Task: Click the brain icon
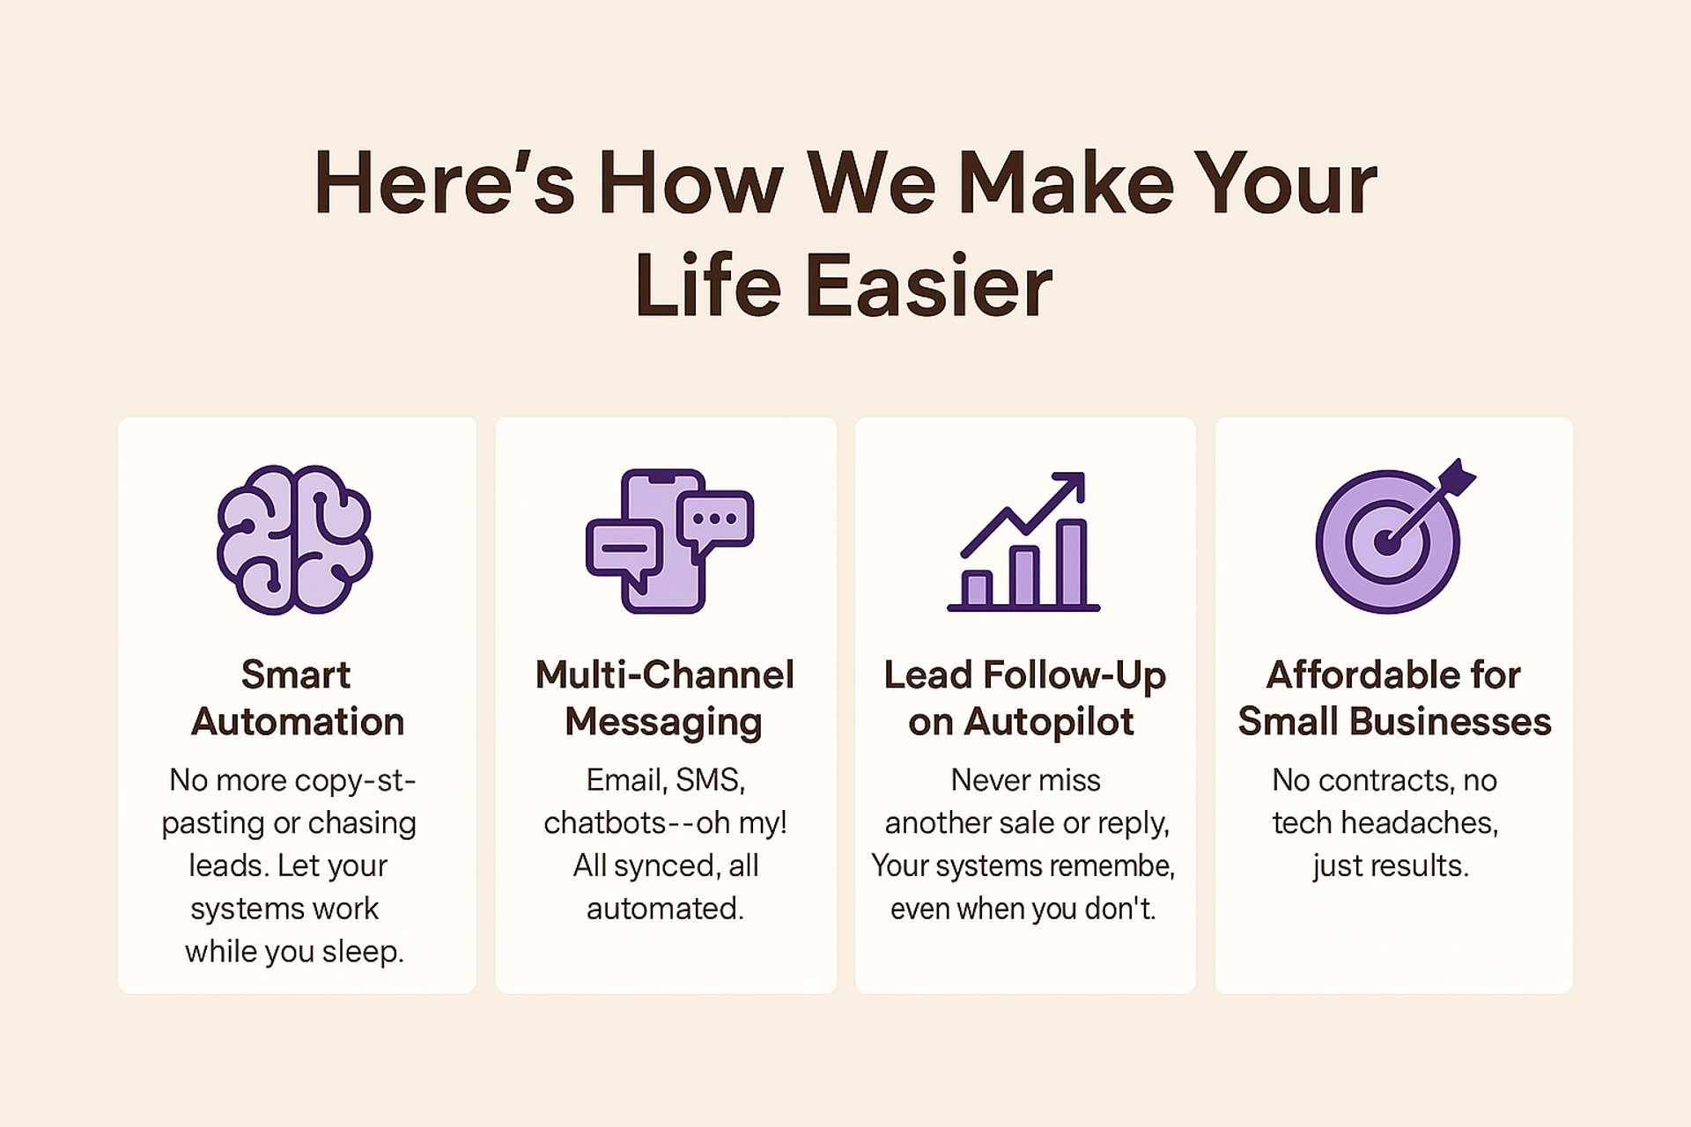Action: pyautogui.click(x=295, y=539)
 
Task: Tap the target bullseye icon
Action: pyautogui.click(x=1388, y=540)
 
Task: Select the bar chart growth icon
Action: pyautogui.click(x=1023, y=541)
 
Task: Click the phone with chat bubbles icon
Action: pyautogui.click(x=669, y=541)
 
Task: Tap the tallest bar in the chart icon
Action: pyautogui.click(x=1072, y=563)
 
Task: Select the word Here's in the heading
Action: pyautogui.click(x=444, y=183)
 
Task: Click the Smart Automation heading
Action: pyautogui.click(x=297, y=698)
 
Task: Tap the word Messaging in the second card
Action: pyautogui.click(x=663, y=723)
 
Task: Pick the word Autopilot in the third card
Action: pyautogui.click(x=1048, y=723)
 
